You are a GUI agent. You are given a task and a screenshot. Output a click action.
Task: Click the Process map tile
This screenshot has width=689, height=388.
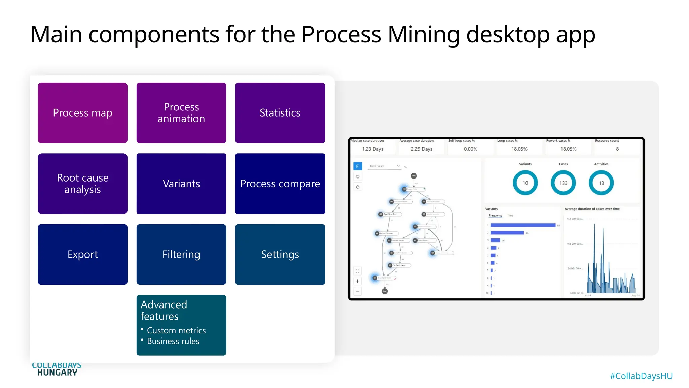[x=82, y=113]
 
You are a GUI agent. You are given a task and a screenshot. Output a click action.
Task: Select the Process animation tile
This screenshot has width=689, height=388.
[x=181, y=113]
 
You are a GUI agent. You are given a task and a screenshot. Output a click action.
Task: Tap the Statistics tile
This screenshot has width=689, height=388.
[x=280, y=113]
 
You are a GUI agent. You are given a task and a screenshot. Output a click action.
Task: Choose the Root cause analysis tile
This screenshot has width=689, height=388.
[x=82, y=184]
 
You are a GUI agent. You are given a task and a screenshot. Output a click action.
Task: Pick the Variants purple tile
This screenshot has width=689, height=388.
[x=181, y=184]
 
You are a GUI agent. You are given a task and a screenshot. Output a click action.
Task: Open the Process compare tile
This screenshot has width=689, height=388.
[x=280, y=184]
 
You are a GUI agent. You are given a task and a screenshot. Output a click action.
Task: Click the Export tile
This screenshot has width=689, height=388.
[x=82, y=254]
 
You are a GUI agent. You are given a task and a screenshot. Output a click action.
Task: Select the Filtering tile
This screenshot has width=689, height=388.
[x=181, y=254]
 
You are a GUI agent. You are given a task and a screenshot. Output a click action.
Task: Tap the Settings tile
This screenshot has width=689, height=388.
[x=280, y=254]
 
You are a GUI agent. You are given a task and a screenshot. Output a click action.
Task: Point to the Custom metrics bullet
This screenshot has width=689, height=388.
[x=176, y=330]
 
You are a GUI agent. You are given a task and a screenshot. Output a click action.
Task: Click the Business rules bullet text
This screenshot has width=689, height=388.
[x=173, y=341]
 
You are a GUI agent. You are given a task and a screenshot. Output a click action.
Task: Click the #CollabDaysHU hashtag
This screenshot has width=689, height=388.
[x=641, y=376]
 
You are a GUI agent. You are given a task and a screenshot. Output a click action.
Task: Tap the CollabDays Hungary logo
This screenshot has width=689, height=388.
[x=57, y=369]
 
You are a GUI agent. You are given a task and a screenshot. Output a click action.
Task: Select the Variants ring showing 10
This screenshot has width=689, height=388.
[x=525, y=183]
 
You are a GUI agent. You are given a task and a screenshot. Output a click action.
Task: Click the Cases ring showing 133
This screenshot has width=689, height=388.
[x=563, y=183]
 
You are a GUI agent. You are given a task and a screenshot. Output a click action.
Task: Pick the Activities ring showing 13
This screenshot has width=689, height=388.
[x=601, y=183]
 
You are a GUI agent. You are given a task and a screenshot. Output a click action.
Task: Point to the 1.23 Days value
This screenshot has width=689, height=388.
[x=372, y=149]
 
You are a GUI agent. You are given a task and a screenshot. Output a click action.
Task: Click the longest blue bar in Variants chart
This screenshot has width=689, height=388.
[x=522, y=225]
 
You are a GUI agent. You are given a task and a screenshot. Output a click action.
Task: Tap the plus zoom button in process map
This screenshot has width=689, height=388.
[x=357, y=281]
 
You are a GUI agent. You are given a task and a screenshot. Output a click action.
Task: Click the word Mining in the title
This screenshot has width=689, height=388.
[x=423, y=34]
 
